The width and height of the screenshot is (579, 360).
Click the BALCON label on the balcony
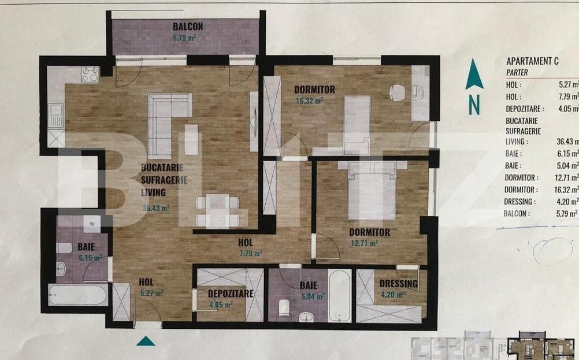[187, 27]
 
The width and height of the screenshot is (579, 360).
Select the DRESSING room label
[399, 284]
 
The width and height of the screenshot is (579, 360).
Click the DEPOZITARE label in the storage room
[231, 294]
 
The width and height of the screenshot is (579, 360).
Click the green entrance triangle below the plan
[146, 340]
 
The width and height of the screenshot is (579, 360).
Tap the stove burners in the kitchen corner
[90, 74]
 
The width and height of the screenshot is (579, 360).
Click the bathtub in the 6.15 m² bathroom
[77, 295]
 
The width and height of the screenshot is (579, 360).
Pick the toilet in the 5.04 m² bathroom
[284, 307]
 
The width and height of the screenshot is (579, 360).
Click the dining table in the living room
[217, 211]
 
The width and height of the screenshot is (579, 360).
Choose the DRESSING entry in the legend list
[520, 202]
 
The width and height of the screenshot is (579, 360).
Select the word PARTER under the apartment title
[517, 72]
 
